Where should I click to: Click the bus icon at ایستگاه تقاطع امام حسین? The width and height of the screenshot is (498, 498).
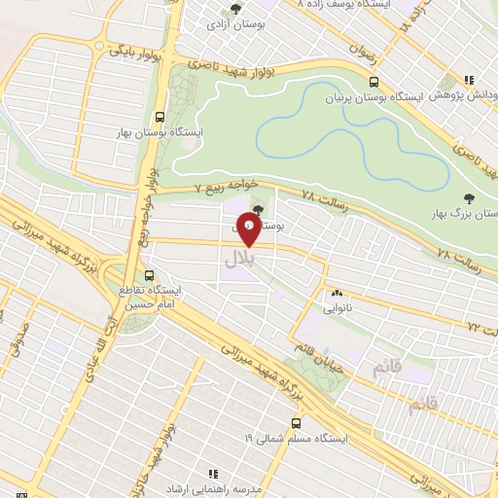[x=149, y=275]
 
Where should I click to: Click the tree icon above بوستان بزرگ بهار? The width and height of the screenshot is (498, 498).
[x=458, y=195]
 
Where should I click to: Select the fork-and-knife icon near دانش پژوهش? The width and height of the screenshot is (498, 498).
[x=470, y=81]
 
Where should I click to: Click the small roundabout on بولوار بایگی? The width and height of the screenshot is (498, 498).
[x=99, y=47]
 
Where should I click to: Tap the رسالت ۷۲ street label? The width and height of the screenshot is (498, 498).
[x=482, y=329]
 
